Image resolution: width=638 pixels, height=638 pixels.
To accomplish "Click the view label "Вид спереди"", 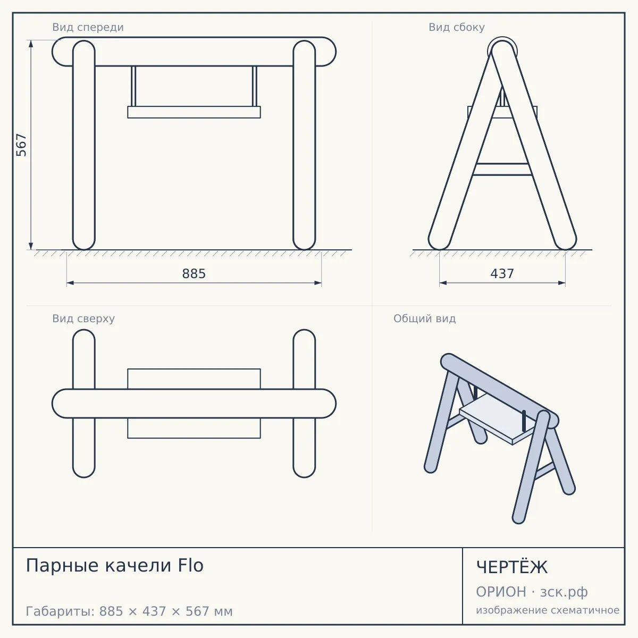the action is (88, 27).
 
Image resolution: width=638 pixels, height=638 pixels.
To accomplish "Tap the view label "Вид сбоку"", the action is (457, 27).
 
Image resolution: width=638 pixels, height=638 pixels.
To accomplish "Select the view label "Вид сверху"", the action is (83, 318).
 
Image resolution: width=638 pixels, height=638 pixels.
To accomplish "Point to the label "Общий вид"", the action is (424, 318).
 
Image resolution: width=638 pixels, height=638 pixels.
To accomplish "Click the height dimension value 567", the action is (21, 145).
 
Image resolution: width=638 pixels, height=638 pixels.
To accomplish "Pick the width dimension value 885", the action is (194, 274).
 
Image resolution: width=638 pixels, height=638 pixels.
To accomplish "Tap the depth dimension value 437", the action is (502, 274).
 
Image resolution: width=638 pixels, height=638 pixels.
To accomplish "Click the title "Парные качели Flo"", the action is (114, 565).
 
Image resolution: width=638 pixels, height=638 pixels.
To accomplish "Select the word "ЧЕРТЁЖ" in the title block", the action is (512, 567).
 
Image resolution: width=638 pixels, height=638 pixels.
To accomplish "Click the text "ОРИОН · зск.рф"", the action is (532, 592).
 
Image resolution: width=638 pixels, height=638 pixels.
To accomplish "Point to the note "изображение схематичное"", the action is (548, 610).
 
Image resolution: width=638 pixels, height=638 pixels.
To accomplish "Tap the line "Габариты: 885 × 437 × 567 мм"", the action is (129, 611).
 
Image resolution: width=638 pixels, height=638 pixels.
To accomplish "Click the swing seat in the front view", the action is (194, 112).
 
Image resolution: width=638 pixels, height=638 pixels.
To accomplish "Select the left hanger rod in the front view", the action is (133, 86).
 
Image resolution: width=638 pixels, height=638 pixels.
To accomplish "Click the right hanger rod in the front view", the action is (254, 86).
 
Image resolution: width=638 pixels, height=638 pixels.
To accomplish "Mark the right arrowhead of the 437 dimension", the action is (561, 283).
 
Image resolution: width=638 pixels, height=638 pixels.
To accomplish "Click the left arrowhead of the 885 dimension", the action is (70, 283).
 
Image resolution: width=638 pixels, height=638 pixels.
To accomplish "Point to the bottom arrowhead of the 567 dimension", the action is (31, 246).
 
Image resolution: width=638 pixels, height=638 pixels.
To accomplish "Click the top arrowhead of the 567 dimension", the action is (31, 44).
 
